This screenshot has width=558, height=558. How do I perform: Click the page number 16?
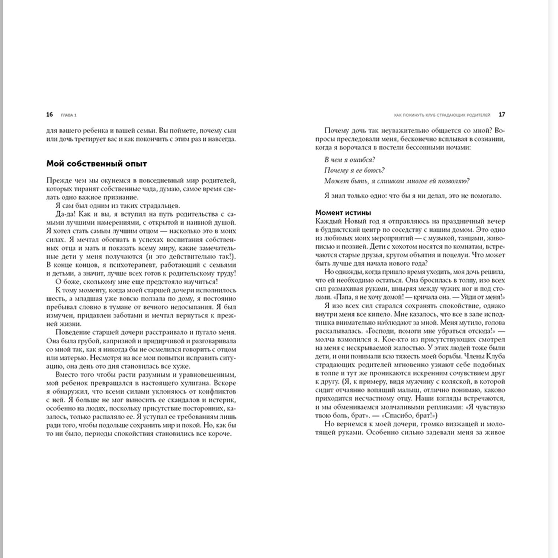pyautogui.click(x=49, y=115)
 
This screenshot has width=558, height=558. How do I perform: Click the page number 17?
pyautogui.click(x=502, y=115)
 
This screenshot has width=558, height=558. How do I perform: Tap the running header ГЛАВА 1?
pyautogui.click(x=68, y=115)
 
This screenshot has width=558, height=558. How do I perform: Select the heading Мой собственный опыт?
pyautogui.click(x=96, y=164)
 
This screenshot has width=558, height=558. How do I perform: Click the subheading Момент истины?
pyautogui.click(x=343, y=213)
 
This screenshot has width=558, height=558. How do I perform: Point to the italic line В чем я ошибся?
pyautogui.click(x=349, y=160)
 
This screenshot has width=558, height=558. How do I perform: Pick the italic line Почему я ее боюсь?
pyautogui.click(x=354, y=170)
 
